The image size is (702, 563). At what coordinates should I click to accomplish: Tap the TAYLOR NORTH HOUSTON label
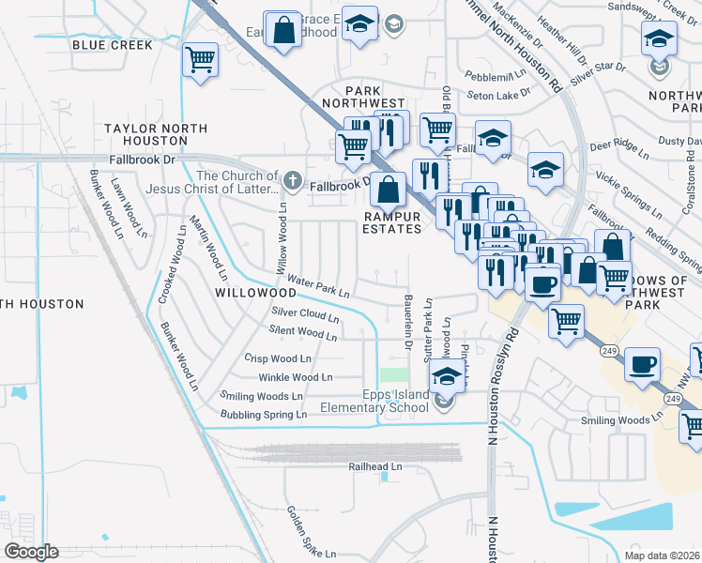click(x=145, y=133)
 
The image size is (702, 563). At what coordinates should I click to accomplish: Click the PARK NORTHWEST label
click(x=363, y=102)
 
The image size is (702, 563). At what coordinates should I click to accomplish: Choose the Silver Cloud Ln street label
click(x=304, y=313)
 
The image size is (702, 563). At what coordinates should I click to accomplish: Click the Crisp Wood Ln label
click(x=278, y=358)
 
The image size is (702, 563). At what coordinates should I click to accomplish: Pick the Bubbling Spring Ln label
click(x=264, y=414)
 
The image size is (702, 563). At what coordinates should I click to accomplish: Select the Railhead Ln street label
click(x=374, y=465)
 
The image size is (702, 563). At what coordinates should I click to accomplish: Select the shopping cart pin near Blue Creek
click(x=200, y=61)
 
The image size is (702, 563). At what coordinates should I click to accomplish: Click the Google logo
click(x=32, y=551)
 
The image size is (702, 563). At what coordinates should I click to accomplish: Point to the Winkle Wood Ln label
click(x=289, y=377)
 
